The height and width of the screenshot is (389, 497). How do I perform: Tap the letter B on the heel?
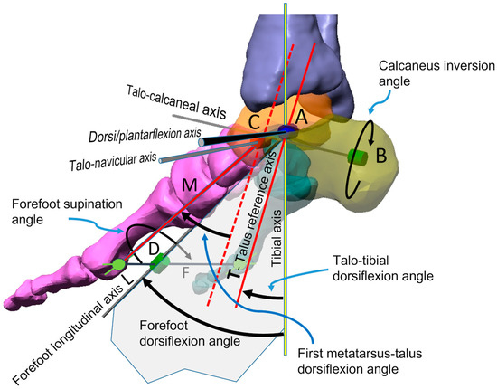coord(381,155)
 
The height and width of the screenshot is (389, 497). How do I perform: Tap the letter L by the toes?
coord(126,281)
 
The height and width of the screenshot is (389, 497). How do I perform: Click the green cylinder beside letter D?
coord(160,263)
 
